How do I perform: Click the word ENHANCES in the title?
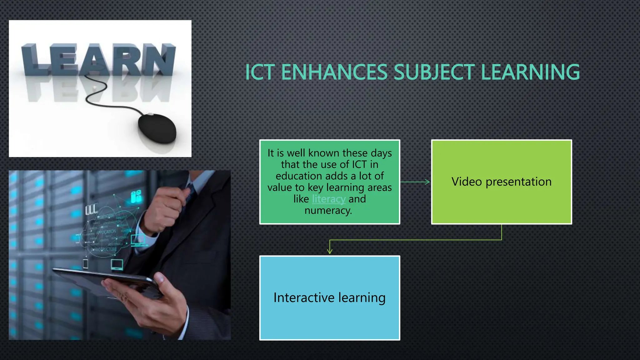(x=334, y=72)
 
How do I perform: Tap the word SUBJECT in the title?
(x=434, y=72)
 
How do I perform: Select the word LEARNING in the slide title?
(x=531, y=72)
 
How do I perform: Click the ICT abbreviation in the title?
(x=260, y=72)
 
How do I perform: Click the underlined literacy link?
(x=329, y=199)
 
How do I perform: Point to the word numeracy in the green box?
(x=328, y=211)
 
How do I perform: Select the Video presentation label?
(x=501, y=182)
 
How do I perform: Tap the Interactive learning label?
(x=329, y=297)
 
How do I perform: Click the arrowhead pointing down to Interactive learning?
(x=330, y=251)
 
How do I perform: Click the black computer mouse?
(x=157, y=128)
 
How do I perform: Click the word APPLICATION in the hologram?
(x=106, y=232)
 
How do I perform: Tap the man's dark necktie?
(x=190, y=191)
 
